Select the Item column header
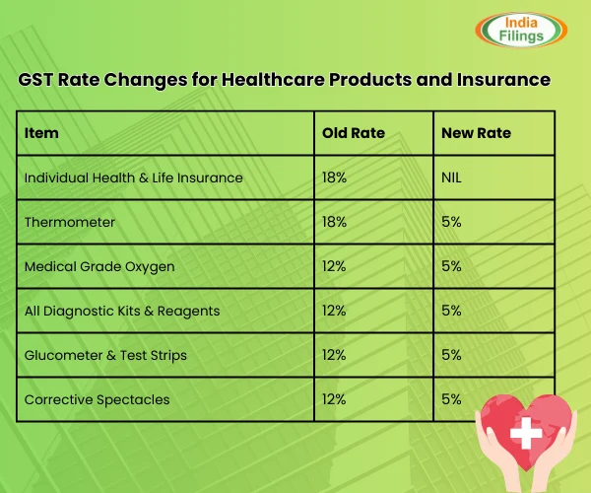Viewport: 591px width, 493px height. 41,133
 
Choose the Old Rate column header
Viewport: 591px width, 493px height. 353,133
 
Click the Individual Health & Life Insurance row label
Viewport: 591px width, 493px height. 133,177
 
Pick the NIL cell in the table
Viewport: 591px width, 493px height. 454,177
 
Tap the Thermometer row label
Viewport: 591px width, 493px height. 70,222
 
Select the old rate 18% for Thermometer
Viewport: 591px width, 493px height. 335,222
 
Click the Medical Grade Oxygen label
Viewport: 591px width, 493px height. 99,266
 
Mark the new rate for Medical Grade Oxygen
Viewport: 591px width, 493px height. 452,266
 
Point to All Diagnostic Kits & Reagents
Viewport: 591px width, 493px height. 122,311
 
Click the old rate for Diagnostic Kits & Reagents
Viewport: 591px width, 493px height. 335,311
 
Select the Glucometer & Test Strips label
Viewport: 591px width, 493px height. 105,355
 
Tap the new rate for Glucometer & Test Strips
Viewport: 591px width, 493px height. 452,355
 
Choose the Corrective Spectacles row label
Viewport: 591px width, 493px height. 98,399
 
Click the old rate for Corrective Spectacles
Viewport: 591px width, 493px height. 335,399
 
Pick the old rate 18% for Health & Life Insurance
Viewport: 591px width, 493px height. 335,177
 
